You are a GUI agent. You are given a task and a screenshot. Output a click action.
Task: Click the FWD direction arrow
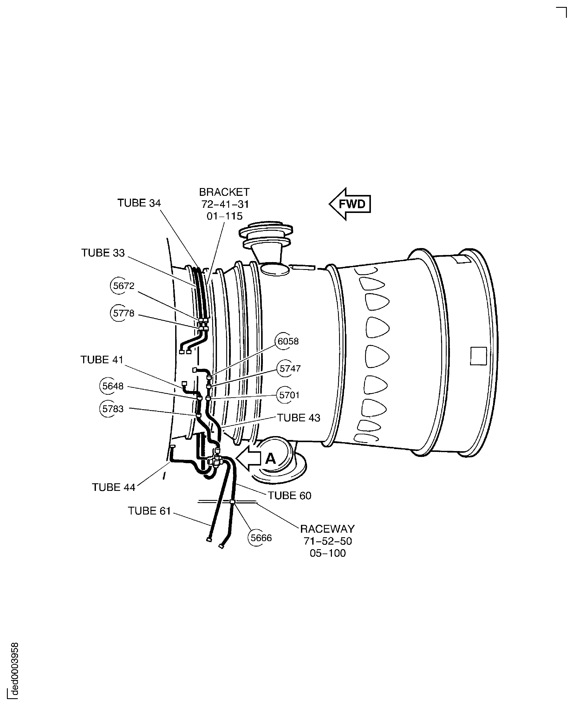tap(350, 204)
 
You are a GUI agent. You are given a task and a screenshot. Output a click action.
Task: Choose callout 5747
tap(290, 368)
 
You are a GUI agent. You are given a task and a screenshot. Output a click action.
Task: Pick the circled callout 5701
tap(289, 395)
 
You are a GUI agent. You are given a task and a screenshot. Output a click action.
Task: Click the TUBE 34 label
tap(139, 203)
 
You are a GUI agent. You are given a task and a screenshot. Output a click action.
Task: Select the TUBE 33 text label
tap(103, 253)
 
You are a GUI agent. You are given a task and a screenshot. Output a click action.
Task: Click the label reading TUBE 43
tap(299, 418)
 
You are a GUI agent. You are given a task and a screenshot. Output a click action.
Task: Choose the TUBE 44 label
tap(114, 487)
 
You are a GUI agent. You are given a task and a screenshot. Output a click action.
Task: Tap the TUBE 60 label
tap(289, 496)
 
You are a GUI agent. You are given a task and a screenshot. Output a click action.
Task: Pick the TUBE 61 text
tap(149, 511)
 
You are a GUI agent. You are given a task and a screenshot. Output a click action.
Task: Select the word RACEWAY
tap(327, 529)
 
